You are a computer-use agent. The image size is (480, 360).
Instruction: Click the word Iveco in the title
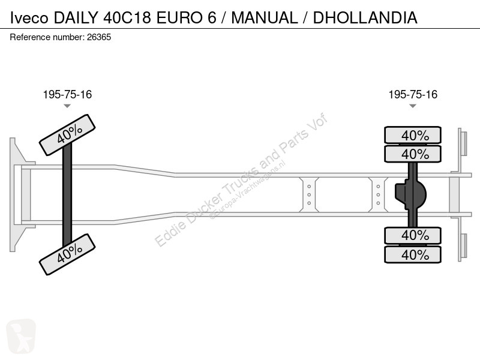point(29,17)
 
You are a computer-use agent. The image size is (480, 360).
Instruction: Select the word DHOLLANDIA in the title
point(365,17)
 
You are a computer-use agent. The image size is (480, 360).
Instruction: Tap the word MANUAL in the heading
point(265,17)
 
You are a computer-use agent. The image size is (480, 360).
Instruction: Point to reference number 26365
point(99,37)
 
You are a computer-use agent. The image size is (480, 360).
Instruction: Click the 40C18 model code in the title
point(127,17)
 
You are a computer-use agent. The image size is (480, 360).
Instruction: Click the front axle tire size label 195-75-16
point(67,95)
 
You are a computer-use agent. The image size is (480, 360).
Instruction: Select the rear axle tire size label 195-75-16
point(413,95)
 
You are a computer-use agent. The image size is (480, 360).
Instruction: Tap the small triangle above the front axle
point(67,106)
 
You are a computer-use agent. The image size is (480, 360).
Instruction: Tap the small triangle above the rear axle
point(413,106)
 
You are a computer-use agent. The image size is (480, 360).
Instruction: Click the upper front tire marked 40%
point(67,135)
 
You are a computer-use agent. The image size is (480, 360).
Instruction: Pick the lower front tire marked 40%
point(67,254)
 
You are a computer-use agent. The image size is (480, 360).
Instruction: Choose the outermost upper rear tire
point(413,135)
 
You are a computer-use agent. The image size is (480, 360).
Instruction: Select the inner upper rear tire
point(413,154)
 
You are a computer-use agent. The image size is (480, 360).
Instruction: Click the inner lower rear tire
point(413,235)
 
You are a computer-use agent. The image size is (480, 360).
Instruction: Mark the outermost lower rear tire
point(413,254)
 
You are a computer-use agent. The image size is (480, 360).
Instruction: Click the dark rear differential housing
point(410,194)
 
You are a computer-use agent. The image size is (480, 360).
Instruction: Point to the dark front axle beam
point(67,194)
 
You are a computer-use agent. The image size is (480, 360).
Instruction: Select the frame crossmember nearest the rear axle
point(378,194)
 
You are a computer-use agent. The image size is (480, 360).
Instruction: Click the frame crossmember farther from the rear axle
point(309,194)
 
